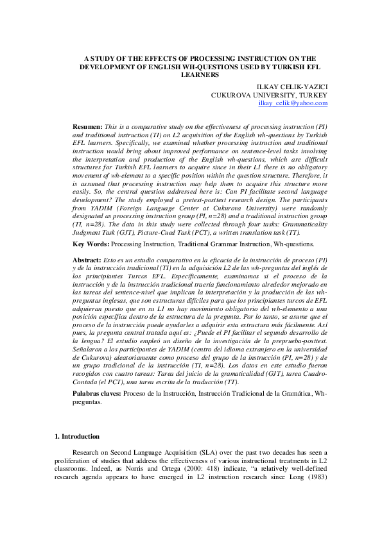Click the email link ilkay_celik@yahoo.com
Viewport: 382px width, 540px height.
pos(293,103)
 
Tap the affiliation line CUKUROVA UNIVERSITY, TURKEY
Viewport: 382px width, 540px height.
pos(270,94)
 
